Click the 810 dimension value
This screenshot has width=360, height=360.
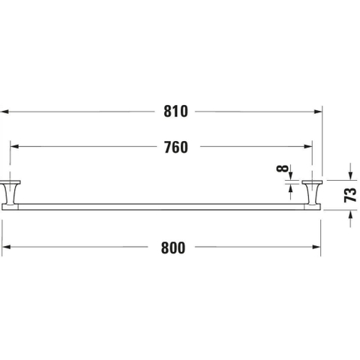pyautogui.click(x=175, y=112)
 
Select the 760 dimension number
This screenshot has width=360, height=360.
pyautogui.click(x=176, y=147)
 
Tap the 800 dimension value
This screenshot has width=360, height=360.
pyautogui.click(x=173, y=247)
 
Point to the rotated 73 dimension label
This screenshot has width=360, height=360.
pyautogui.click(x=350, y=195)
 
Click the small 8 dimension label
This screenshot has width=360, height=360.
pyautogui.click(x=282, y=169)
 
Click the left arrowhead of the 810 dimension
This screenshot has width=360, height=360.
pyautogui.click(x=4, y=112)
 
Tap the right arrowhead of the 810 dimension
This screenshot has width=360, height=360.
pyautogui.click(x=318, y=112)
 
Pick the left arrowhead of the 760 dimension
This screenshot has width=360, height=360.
pyautogui.click(x=14, y=146)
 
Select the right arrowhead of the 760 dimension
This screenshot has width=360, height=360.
pyautogui.click(x=308, y=146)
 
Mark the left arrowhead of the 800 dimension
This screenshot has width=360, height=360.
pyautogui.click(x=6, y=247)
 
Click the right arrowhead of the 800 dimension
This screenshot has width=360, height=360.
pyautogui.click(x=316, y=247)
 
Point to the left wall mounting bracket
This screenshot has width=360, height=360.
pyautogui.click(x=10, y=192)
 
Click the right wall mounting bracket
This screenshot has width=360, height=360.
pyautogui.click(x=312, y=192)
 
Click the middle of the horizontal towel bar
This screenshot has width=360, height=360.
pyautogui.click(x=161, y=207)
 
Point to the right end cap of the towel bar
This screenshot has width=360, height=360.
pyautogui.click(x=313, y=207)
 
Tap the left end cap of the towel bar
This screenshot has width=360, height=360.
pyautogui.click(x=10, y=207)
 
